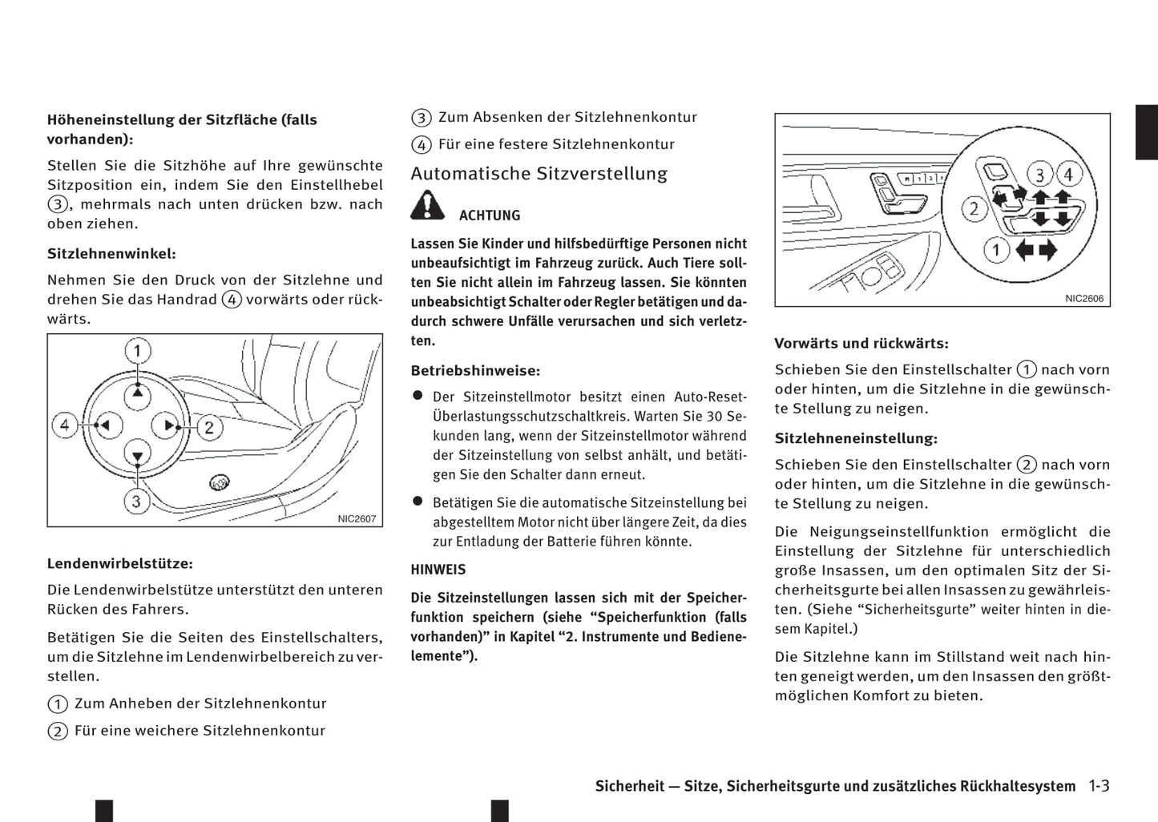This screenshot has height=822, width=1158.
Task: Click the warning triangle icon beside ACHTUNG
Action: pos(428,206)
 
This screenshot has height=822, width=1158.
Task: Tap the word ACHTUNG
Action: pos(490,216)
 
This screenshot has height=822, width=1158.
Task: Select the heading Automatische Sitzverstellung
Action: pos(539,174)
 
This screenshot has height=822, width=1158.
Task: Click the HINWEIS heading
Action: pos(438,570)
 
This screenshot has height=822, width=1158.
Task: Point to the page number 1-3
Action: pos(1099,786)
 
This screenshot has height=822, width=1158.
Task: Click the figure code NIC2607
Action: pos(357,518)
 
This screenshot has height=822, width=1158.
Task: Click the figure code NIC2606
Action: pos(1084,298)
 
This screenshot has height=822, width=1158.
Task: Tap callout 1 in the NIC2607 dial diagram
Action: pos(137,351)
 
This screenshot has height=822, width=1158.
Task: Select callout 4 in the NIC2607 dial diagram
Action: pos(65,425)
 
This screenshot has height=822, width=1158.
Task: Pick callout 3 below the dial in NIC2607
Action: pos(136,502)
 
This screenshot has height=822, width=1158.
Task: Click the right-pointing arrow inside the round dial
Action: pos(167,425)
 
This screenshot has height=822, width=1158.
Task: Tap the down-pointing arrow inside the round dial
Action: pos(138,455)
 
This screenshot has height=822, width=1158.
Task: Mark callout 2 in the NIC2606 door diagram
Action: pos(974,210)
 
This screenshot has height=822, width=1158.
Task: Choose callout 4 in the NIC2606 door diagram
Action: pos(1067,174)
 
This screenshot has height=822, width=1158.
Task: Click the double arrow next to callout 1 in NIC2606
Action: pos(1035,250)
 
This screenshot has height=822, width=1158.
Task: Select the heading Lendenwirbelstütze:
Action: pos(120,564)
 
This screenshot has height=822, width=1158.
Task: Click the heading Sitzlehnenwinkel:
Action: pos(111,254)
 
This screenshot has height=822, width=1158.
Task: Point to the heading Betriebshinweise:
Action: pos(475,371)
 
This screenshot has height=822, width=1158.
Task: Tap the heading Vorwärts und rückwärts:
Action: pos(861,344)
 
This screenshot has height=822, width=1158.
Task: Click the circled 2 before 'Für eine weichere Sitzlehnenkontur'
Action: pos(58,731)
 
